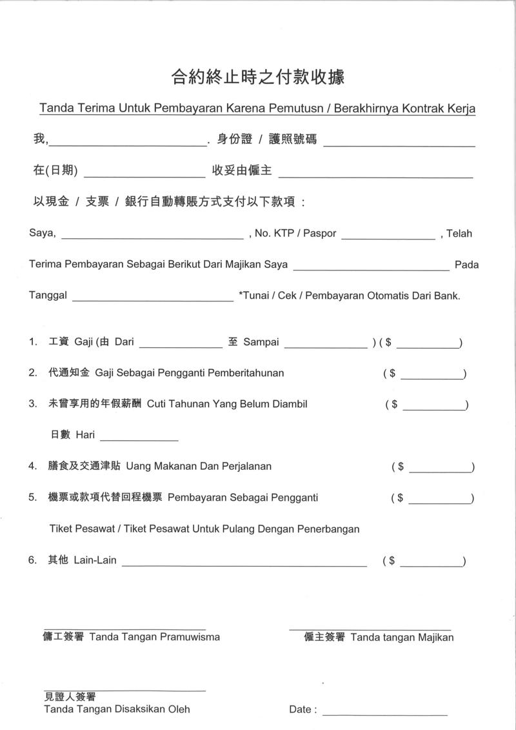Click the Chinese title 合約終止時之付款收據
257,77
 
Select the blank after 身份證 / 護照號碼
399,143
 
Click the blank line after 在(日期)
144,174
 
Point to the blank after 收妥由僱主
375,174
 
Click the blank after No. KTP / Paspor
388,237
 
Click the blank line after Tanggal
153,299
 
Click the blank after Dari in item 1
180,346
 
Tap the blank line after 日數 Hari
139,439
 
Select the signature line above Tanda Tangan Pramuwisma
124,629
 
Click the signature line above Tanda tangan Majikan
370,629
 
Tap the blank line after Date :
384,714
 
